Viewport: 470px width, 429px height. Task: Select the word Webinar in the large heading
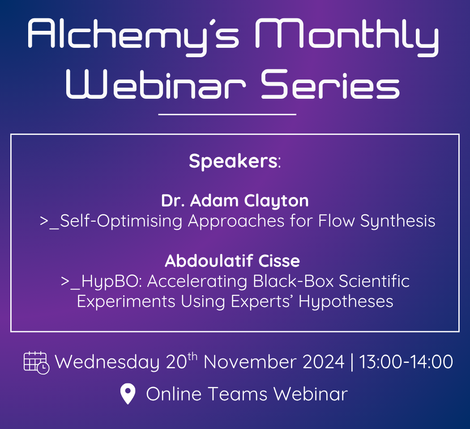click(156, 84)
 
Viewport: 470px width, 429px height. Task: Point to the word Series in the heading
click(330, 84)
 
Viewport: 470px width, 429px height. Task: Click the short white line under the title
click(227, 114)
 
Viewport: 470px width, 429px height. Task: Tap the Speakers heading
click(235, 162)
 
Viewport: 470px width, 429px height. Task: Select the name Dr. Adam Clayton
click(235, 201)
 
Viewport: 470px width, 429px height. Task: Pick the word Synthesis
click(398, 222)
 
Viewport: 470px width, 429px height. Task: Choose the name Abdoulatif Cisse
click(232, 261)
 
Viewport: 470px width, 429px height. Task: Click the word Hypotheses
click(346, 302)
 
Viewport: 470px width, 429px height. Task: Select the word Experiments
click(126, 302)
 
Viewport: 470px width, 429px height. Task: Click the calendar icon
click(36, 362)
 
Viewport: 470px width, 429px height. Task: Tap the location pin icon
click(128, 394)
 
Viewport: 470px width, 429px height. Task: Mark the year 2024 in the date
click(324, 362)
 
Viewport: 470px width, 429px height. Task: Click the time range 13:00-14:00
click(406, 362)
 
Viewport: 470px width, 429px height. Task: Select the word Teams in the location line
click(237, 394)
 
